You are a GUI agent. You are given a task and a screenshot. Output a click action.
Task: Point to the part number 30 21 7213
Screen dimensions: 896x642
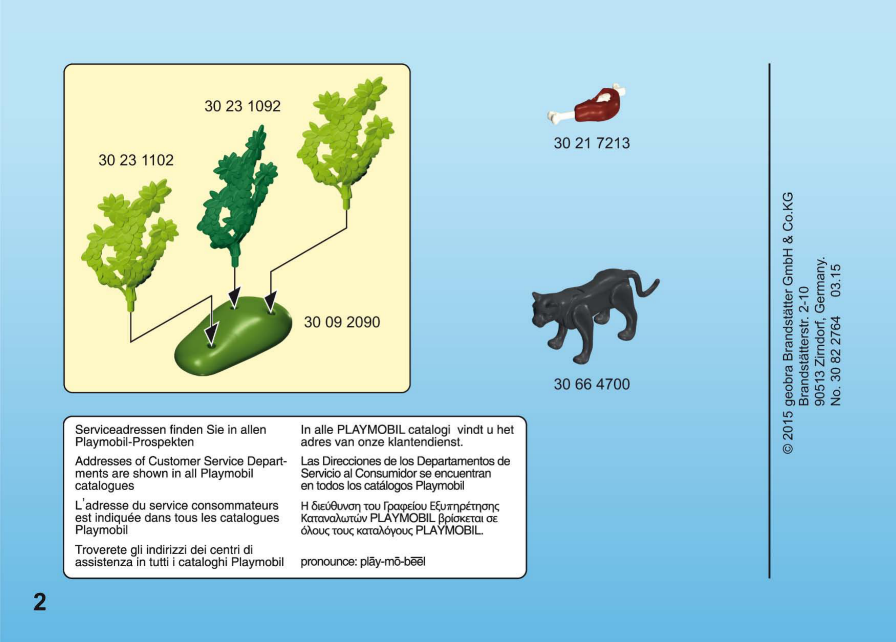(591, 143)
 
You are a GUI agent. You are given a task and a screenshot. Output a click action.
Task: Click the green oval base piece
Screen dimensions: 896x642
(233, 336)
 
